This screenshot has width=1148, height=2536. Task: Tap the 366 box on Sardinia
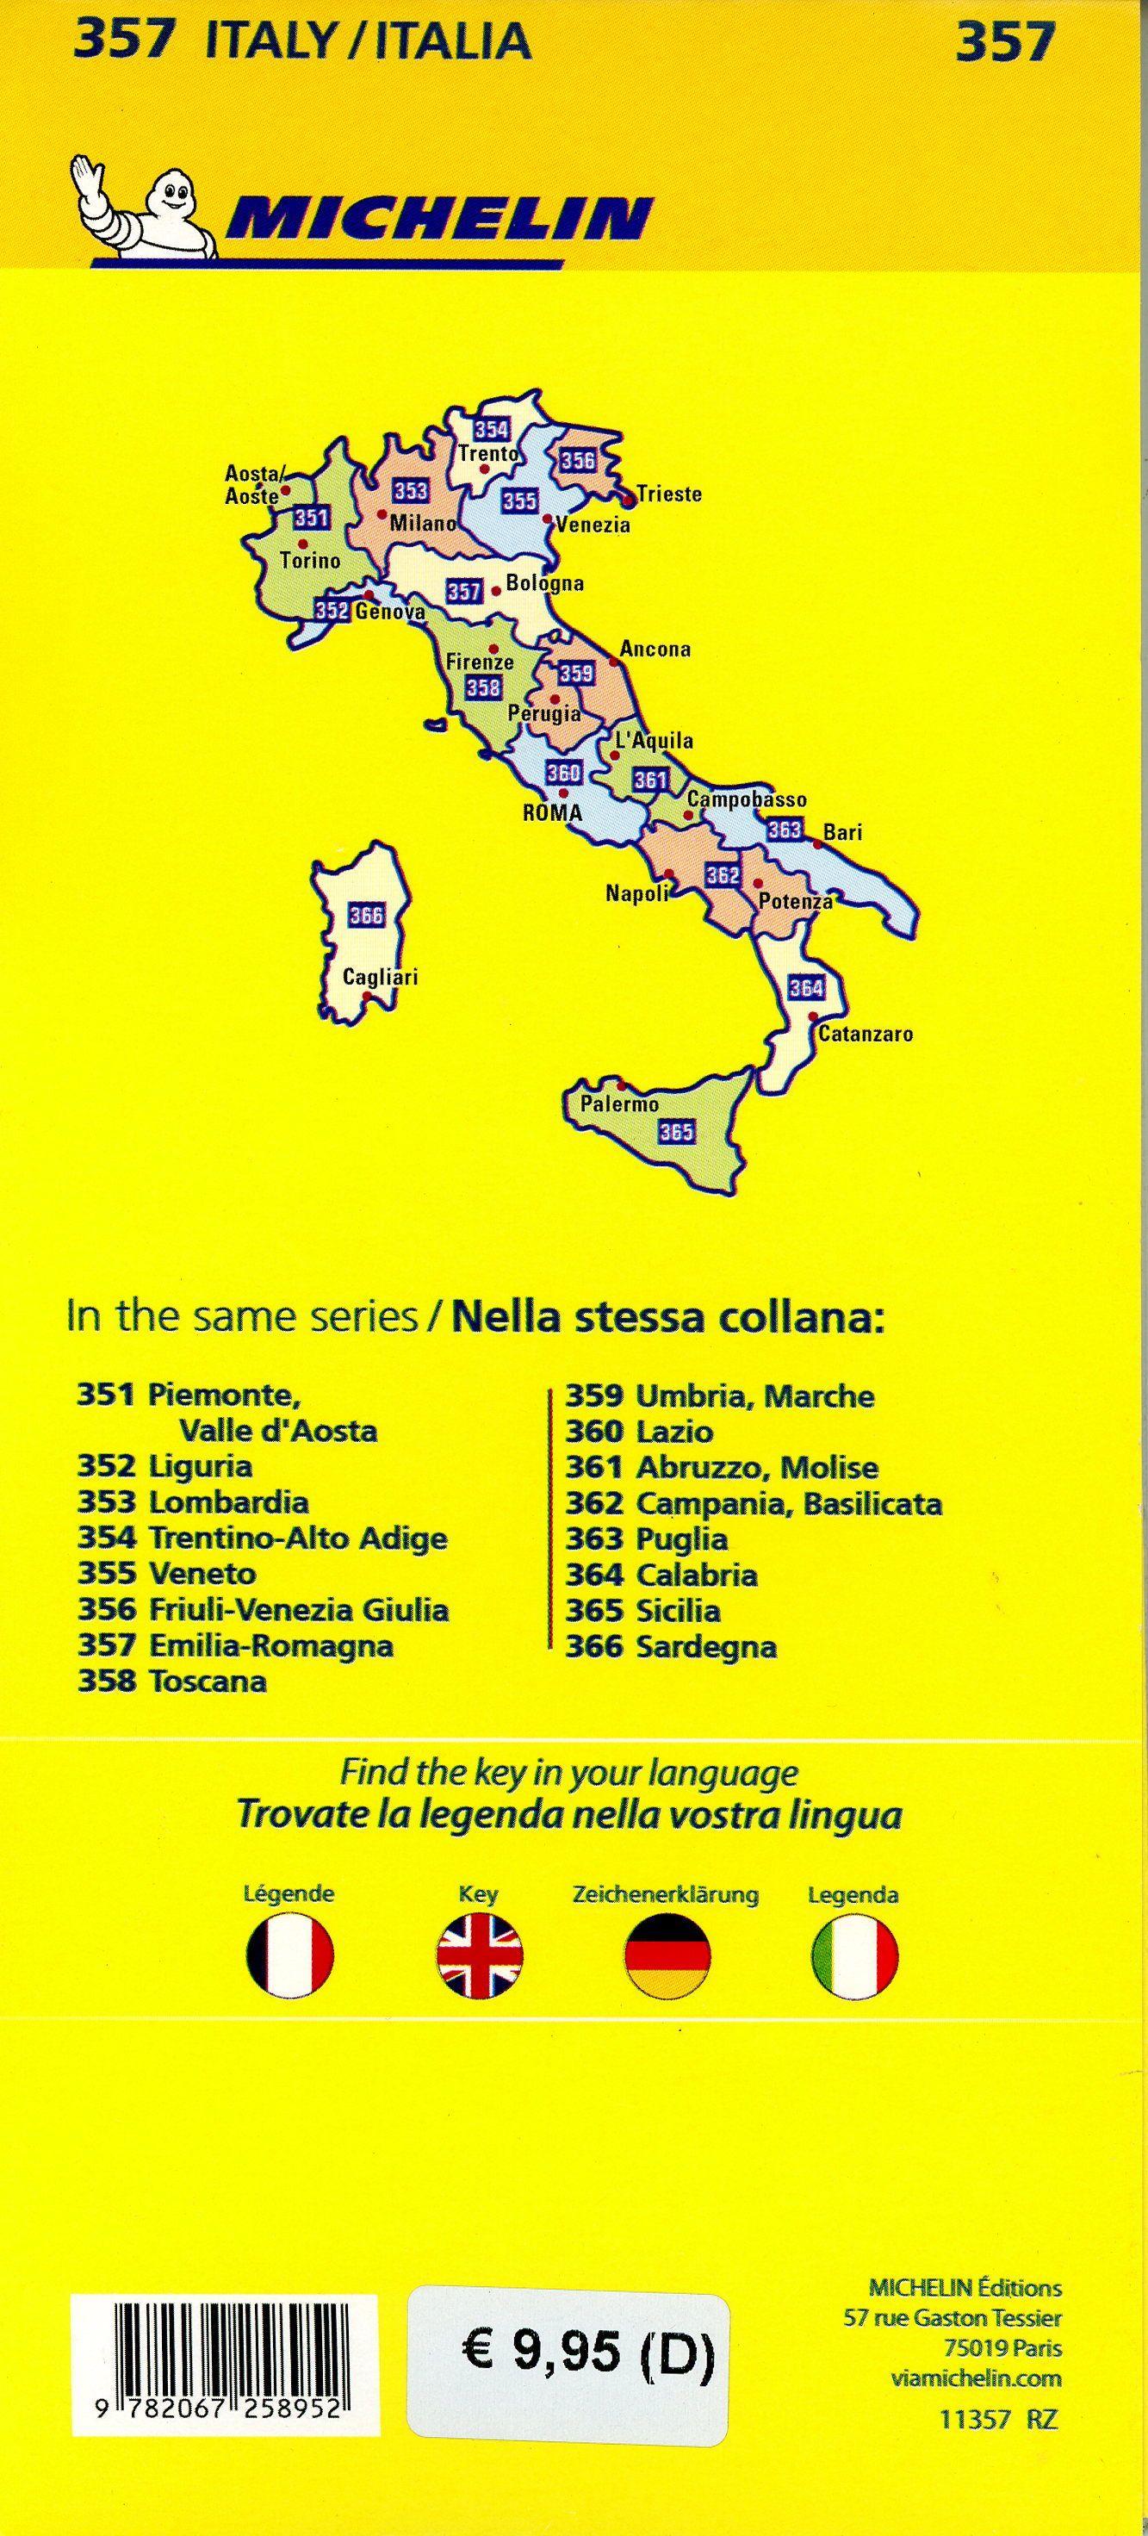(x=366, y=917)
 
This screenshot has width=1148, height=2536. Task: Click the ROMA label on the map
(x=552, y=813)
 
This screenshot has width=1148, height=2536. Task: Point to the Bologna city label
(x=544, y=583)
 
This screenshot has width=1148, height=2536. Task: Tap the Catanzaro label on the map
(x=866, y=1034)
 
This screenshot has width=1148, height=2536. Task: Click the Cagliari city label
(x=380, y=978)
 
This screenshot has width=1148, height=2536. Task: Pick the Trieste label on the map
(x=669, y=494)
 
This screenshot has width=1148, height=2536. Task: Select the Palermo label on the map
(x=619, y=1104)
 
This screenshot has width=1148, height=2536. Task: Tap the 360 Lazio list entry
(x=639, y=1432)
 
